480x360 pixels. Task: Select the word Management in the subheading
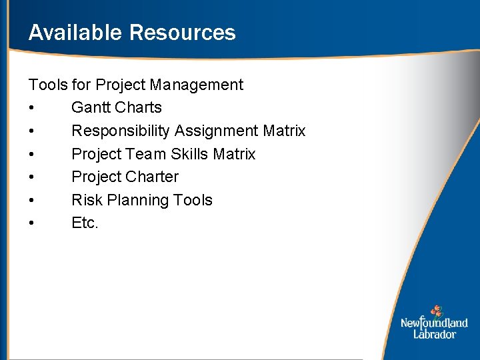point(197,85)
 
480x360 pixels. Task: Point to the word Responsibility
point(121,131)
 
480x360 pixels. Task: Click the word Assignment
point(216,131)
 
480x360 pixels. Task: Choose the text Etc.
point(85,223)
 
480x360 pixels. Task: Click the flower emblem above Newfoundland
point(436,311)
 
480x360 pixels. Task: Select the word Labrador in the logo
point(435,334)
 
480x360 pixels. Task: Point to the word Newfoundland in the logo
point(434,323)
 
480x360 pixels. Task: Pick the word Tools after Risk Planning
point(192,200)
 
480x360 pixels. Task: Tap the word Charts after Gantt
point(139,107)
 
